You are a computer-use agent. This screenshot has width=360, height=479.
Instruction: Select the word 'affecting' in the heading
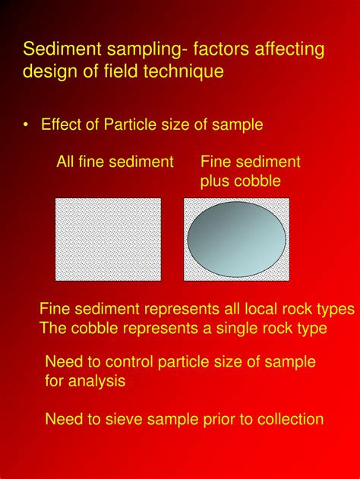click(289, 50)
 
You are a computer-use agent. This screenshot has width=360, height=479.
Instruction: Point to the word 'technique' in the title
click(183, 72)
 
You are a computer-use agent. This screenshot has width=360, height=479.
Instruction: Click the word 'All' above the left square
click(65, 161)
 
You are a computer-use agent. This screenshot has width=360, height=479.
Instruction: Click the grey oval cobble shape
click(236, 239)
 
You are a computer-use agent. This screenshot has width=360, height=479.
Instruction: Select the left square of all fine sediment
click(108, 240)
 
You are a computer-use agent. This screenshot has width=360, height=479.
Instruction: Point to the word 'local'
click(261, 309)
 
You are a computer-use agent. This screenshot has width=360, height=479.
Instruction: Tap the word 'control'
click(129, 361)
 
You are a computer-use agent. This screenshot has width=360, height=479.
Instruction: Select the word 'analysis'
click(97, 381)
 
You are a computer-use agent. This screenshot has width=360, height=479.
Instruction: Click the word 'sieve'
click(124, 419)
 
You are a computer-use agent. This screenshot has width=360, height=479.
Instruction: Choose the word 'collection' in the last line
click(290, 419)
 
